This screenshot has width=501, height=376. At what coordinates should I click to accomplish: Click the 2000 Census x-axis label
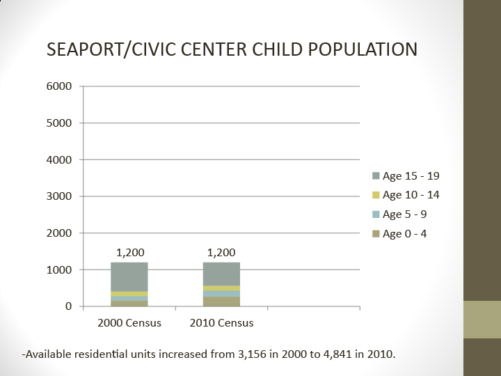pyautogui.click(x=129, y=323)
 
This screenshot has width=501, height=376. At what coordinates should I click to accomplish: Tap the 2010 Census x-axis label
pyautogui.click(x=221, y=323)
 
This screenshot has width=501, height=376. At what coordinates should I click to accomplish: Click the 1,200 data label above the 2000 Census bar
pyautogui.click(x=130, y=252)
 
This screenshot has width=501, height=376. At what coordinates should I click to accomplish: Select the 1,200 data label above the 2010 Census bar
pyautogui.click(x=221, y=252)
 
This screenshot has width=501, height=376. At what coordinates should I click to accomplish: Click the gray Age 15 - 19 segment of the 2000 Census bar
pyautogui.click(x=129, y=276)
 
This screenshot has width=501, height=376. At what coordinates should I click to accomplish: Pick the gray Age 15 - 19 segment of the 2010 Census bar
pyautogui.click(x=221, y=274)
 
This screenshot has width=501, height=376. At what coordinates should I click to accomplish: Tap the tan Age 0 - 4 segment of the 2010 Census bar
pyautogui.click(x=221, y=301)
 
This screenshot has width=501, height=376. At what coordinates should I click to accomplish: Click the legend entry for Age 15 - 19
pyautogui.click(x=406, y=175)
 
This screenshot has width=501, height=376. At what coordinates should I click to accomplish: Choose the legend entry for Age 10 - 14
pyautogui.click(x=406, y=195)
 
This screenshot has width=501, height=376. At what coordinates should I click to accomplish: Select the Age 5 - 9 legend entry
pyautogui.click(x=401, y=214)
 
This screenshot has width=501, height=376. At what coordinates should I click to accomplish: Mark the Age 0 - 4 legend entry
pyautogui.click(x=401, y=234)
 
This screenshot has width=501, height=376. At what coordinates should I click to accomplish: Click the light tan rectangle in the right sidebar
pyautogui.click(x=482, y=320)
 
